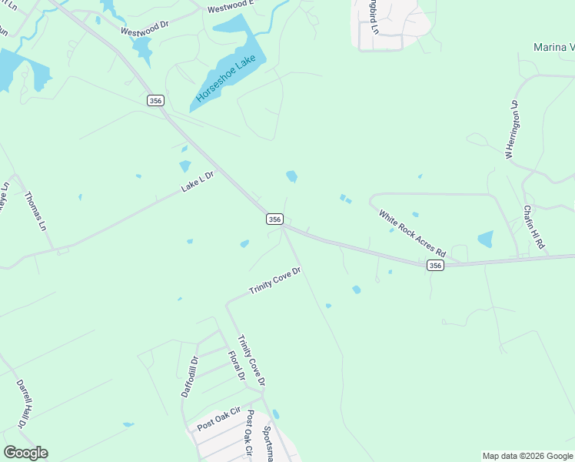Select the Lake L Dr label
click(197, 182)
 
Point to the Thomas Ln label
click(36, 212)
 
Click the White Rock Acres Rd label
click(413, 232)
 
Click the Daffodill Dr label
click(190, 376)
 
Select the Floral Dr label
click(236, 366)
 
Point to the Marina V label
click(553, 48)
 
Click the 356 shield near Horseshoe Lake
click(155, 100)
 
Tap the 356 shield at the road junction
click(274, 219)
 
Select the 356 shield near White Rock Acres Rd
click(435, 265)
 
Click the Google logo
click(25, 453)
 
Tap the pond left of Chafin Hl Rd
click(485, 239)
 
